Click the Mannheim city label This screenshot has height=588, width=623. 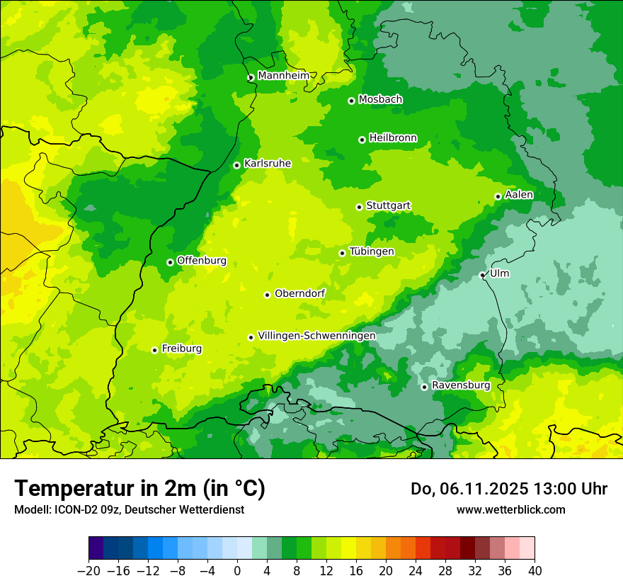pyautogui.click(x=283, y=75)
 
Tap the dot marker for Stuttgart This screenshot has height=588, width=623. pyautogui.click(x=359, y=207)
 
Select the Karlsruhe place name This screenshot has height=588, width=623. pyautogui.click(x=268, y=163)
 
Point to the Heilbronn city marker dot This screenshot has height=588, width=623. pyautogui.click(x=362, y=140)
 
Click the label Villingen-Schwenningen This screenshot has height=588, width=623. pyautogui.click(x=316, y=335)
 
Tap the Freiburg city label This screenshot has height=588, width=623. pyautogui.click(x=181, y=349)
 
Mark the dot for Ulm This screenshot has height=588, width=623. pyautogui.click(x=482, y=275)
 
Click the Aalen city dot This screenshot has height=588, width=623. pyautogui.click(x=498, y=196)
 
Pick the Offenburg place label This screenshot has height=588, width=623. pyautogui.click(x=202, y=260)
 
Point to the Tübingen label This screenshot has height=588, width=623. pyautogui.click(x=372, y=251)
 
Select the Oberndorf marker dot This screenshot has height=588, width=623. pyautogui.click(x=267, y=295)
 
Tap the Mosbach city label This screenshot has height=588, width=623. pyautogui.click(x=380, y=99)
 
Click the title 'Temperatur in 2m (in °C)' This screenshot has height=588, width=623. pyautogui.click(x=139, y=488)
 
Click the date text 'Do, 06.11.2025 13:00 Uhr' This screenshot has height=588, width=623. pyautogui.click(x=509, y=489)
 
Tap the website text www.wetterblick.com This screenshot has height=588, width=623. pyautogui.click(x=510, y=509)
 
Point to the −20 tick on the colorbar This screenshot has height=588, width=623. pyautogui.click(x=88, y=571)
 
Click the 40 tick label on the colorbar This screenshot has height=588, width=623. pyautogui.click(x=535, y=571)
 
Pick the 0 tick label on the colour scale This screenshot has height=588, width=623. pyautogui.click(x=237, y=571)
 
